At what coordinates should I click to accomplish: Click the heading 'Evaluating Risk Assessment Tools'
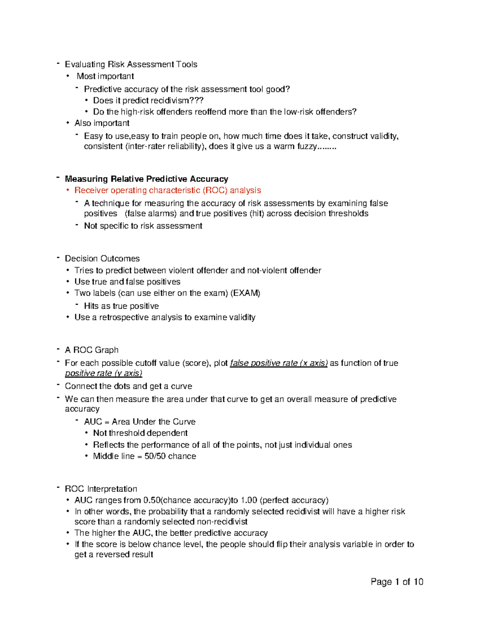pos(131,64)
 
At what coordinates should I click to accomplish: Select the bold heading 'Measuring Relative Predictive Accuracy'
pos(146,179)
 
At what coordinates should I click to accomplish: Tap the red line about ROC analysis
pos(168,190)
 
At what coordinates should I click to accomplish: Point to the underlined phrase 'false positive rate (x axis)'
pos(279,363)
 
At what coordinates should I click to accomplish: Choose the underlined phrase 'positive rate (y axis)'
pos(104,373)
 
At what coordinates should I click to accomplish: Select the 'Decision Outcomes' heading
pos(102,259)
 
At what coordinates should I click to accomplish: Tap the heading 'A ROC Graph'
pos(92,350)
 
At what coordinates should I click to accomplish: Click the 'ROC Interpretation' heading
pos(101,489)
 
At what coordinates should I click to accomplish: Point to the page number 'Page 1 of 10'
pos(397,582)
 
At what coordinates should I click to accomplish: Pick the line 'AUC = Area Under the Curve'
pos(140,422)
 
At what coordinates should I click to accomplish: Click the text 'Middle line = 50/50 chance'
pos(144,456)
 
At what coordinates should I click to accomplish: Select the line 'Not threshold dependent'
pos(140,433)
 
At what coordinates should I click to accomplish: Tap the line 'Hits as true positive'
pos(121,306)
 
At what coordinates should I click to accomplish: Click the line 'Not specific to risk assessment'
pos(143,226)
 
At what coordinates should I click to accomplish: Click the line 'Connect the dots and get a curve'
pos(128,386)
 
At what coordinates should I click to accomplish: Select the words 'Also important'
pos(102,123)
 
